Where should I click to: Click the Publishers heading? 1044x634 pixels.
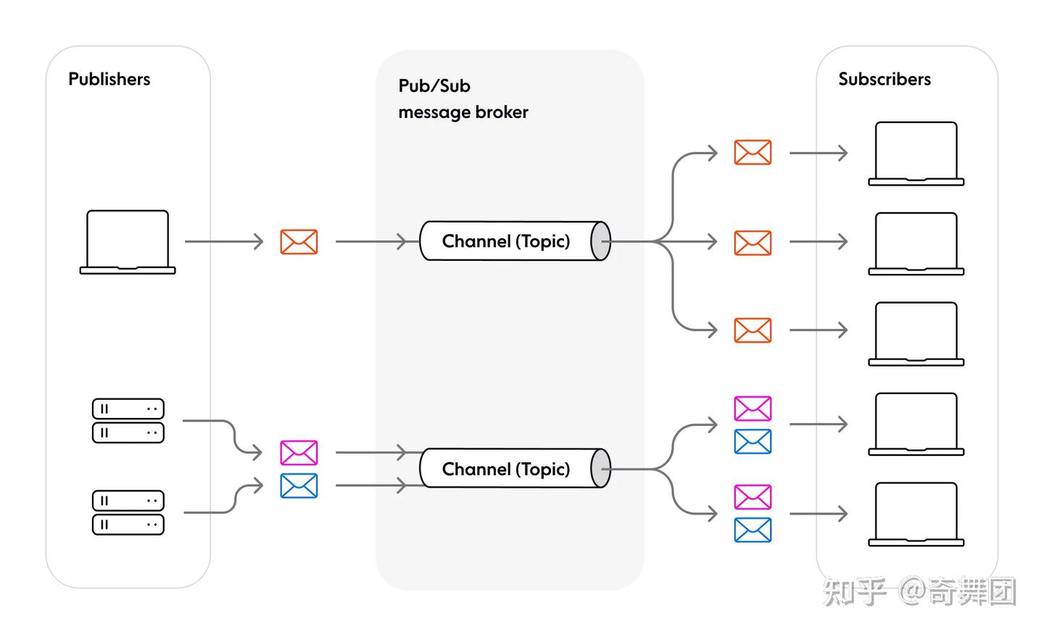point(109,79)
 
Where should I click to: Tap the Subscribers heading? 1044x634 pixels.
point(884,79)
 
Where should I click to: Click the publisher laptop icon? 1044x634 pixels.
point(128,242)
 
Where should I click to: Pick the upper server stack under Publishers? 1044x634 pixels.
point(128,420)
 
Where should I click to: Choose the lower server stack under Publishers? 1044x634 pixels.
point(128,512)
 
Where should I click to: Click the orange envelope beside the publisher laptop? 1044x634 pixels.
point(299,242)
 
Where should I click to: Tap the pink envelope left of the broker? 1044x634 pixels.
point(299,453)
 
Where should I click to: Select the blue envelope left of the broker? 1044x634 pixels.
point(299,485)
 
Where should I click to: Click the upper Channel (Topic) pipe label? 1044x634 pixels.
point(505,241)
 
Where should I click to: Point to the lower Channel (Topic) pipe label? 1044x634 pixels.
point(505,469)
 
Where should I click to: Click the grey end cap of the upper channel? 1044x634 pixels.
point(600,241)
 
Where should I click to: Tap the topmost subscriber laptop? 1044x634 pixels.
point(916,154)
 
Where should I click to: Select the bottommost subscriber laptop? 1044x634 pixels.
point(916,514)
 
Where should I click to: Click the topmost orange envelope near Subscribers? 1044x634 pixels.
point(753,153)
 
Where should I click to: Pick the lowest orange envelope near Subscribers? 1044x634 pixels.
point(753,330)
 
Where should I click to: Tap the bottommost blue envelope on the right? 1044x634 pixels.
point(753,530)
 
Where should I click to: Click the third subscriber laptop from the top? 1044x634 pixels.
point(916,333)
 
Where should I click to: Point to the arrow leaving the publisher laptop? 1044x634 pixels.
point(223,241)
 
